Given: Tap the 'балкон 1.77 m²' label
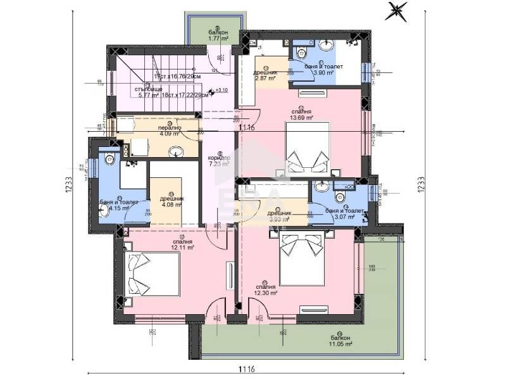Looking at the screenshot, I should click(x=217, y=35).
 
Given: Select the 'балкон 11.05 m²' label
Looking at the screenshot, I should click(x=339, y=341).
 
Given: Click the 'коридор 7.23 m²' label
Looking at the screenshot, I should click(x=219, y=160).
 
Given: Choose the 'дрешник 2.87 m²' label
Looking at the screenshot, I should click(x=266, y=75).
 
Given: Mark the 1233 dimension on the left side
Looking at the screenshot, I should click(x=68, y=187).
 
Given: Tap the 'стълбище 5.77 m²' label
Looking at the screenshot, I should click(x=150, y=92).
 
